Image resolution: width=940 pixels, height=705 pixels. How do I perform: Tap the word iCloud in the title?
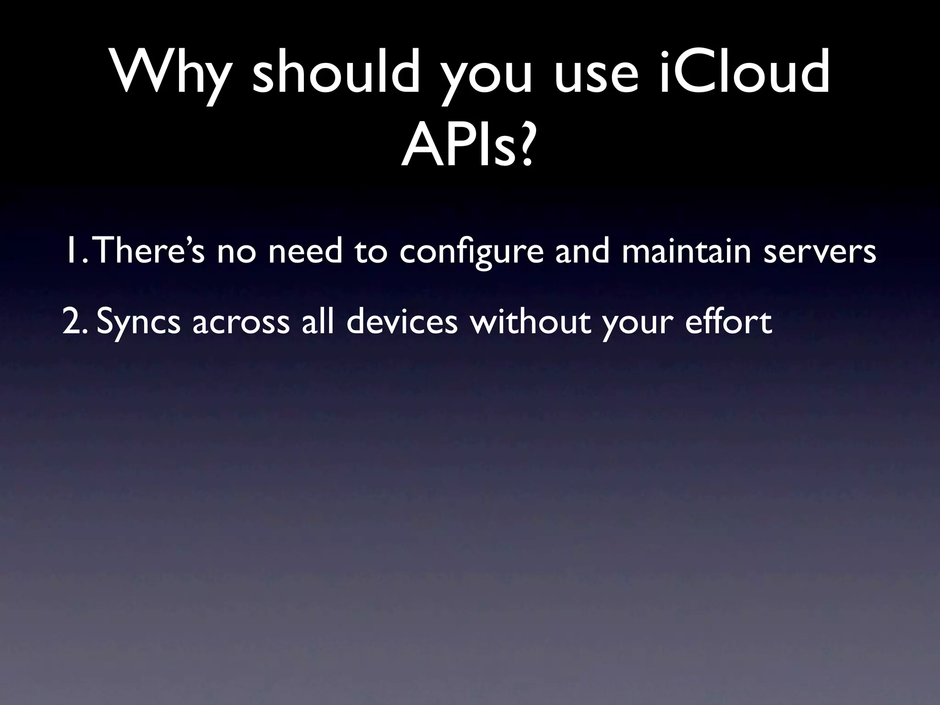pyautogui.click(x=744, y=73)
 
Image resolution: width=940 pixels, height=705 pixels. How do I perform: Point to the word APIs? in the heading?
pyautogui.click(x=468, y=145)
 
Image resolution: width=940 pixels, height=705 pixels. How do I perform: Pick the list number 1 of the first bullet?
pyautogui.click(x=73, y=251)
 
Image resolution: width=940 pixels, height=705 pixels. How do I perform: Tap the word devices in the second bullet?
pyautogui.click(x=402, y=321)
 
